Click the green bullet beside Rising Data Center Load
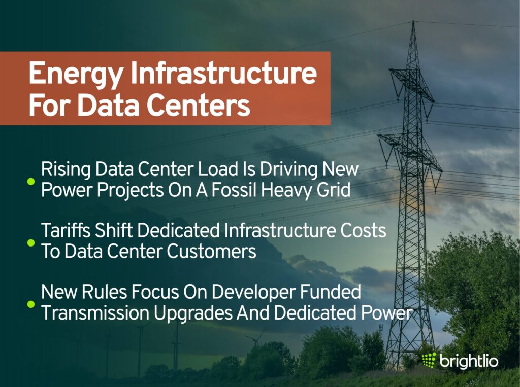pos(31,181)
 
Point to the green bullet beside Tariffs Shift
pos(31,242)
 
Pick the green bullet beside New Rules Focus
pos(31,304)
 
